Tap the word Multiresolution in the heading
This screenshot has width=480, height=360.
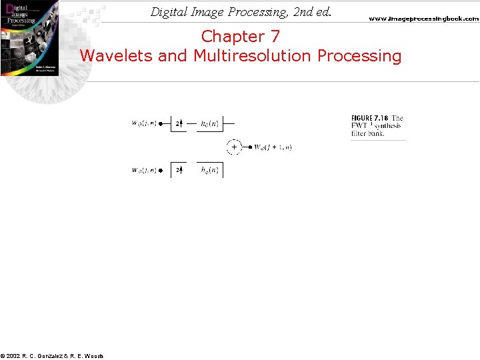pyautogui.click(x=253, y=55)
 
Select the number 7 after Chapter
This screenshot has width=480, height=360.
pyautogui.click(x=275, y=36)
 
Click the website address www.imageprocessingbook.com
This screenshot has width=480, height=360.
pyautogui.click(x=423, y=19)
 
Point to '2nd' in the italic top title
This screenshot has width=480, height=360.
pyautogui.click(x=292, y=12)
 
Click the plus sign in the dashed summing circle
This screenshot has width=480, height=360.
pyautogui.click(x=234, y=147)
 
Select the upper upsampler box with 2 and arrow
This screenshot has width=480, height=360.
pyautogui.click(x=179, y=123)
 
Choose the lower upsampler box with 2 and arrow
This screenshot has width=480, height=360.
pyautogui.click(x=179, y=171)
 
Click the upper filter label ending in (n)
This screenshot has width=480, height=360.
pyautogui.click(x=212, y=123)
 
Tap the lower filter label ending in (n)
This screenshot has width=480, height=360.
pyautogui.click(x=212, y=171)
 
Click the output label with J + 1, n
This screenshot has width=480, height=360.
pyautogui.click(x=273, y=147)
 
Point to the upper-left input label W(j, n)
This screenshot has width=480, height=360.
pyautogui.click(x=143, y=123)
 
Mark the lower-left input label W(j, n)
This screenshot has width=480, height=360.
pyautogui.click(x=143, y=171)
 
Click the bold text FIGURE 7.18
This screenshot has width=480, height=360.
pyautogui.click(x=369, y=119)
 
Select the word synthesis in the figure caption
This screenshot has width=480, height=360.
pyautogui.click(x=387, y=126)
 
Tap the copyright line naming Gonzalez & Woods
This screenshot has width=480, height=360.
pyautogui.click(x=52, y=356)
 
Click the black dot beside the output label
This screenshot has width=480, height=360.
pyautogui.click(x=249, y=147)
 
